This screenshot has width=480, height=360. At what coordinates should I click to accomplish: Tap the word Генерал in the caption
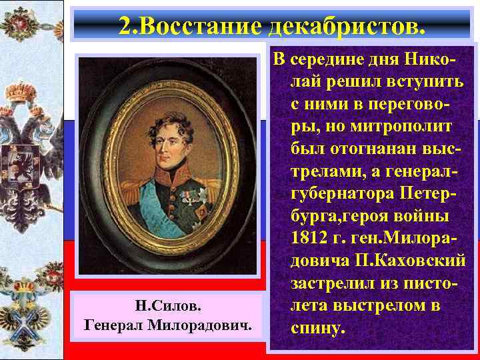click(x=117, y=325)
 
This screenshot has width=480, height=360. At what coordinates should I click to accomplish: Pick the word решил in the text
click(x=346, y=82)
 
